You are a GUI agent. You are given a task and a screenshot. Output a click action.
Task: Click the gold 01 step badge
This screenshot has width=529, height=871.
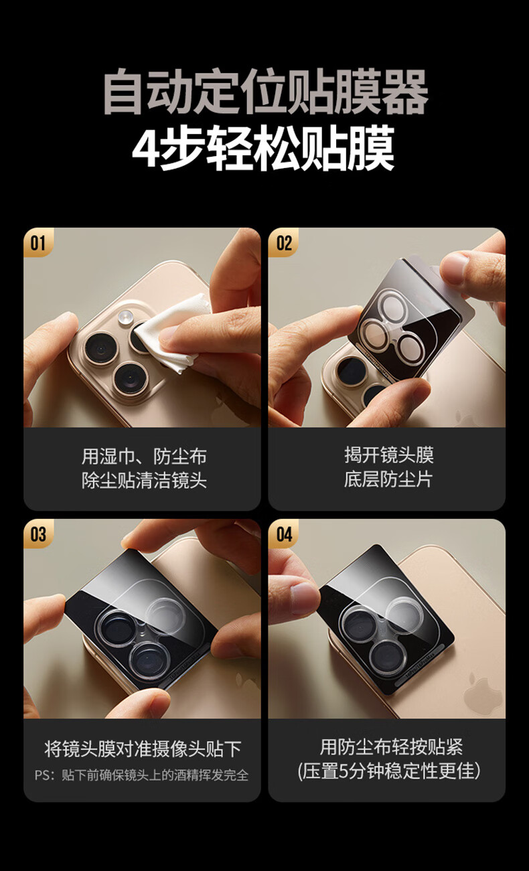[38, 242]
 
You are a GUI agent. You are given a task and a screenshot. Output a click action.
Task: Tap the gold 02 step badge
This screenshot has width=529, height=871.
[283, 242]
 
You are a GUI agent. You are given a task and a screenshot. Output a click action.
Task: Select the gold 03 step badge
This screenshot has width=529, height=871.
[38, 534]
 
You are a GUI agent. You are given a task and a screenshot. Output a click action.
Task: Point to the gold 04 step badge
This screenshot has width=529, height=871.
[283, 534]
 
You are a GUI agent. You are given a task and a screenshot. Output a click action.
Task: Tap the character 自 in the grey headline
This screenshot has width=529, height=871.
[123, 92]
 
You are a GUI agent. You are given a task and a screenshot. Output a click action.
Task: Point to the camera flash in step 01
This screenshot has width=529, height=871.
[126, 317]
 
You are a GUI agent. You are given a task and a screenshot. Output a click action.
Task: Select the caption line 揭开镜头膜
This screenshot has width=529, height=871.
[388, 455]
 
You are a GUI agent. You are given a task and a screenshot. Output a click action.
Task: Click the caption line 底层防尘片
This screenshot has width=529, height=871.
[388, 479]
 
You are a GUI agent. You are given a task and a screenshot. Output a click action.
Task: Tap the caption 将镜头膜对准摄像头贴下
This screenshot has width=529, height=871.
[143, 748]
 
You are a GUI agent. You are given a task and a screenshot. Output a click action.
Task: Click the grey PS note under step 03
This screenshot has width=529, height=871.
[141, 775]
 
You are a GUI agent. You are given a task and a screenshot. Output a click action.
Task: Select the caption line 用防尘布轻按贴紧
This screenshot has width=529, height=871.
[391, 746]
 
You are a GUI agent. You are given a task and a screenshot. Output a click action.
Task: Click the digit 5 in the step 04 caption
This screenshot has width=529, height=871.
[344, 771]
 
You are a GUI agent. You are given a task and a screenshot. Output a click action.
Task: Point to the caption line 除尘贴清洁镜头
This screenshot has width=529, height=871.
[144, 480]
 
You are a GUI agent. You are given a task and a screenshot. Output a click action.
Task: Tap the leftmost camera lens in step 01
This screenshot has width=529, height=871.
[100, 348]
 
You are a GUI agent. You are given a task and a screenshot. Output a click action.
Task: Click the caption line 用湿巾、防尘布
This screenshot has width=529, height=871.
[144, 456]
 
